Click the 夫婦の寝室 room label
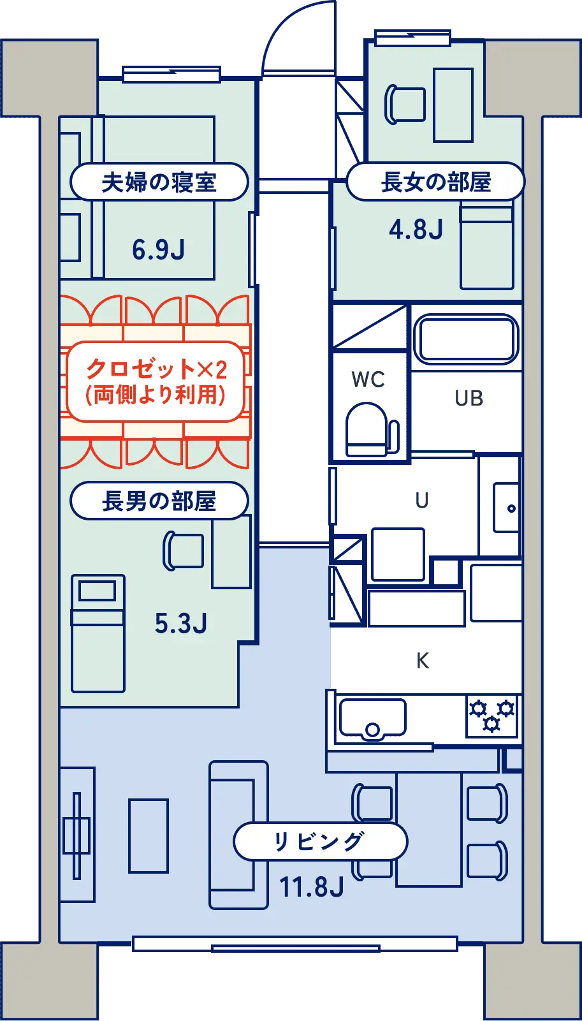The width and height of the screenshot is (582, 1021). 159,182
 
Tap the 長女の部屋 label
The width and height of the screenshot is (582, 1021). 436,182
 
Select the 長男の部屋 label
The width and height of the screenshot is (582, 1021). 159,501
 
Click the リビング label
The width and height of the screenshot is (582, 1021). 319,842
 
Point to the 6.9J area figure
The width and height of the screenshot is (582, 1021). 158,249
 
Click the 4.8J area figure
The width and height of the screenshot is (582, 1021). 416,230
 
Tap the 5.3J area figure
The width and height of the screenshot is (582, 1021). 181,623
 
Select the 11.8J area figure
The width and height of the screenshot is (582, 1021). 312,887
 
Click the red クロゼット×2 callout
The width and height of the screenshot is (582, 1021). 156,381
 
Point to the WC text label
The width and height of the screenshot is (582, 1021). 369,379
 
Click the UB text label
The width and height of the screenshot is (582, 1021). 469,399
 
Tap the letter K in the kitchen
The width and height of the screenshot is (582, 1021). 423,659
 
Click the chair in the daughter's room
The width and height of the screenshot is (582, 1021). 405,105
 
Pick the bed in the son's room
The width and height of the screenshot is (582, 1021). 98,633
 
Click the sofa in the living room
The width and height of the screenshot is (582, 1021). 238,834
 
